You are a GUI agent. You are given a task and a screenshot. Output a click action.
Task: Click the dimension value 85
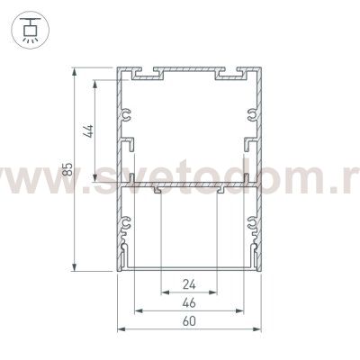[x=67, y=169]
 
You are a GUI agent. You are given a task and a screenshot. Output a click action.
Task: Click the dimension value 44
[x=89, y=131]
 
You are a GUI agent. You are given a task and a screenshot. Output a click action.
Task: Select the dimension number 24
[x=189, y=284]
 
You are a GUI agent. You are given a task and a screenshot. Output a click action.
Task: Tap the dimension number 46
[x=189, y=302]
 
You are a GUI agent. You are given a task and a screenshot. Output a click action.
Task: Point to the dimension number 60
[x=189, y=321]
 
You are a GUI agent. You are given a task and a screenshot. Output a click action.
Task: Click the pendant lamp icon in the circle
[x=31, y=31]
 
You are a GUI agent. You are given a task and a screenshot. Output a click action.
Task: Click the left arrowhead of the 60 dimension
[x=121, y=329]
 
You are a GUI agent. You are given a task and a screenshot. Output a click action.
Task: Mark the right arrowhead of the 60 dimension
[x=257, y=329]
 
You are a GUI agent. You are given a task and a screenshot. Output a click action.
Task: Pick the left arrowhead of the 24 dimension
[x=165, y=292]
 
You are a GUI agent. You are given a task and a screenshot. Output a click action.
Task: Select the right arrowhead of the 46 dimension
[x=240, y=310]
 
